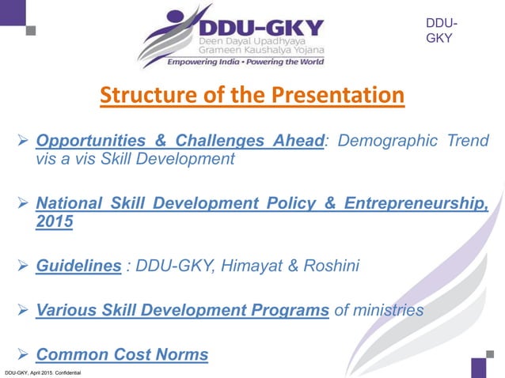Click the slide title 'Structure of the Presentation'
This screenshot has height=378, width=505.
tap(252, 96)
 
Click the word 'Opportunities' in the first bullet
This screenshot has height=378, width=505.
tap(86, 142)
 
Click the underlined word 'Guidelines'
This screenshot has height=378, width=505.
tap(78, 266)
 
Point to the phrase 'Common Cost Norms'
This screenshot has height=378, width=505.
tap(122, 354)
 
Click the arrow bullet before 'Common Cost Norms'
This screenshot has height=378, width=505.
tap(23, 355)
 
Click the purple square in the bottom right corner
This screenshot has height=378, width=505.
tap(479, 368)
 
